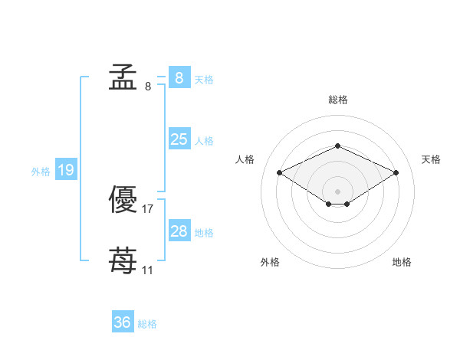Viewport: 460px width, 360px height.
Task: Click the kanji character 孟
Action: click(x=123, y=77)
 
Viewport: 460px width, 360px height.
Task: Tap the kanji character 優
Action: click(x=123, y=199)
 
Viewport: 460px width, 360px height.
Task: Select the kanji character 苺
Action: click(x=123, y=260)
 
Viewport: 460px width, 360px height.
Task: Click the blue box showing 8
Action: click(x=179, y=77)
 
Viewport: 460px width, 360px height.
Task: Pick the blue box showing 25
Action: click(x=179, y=139)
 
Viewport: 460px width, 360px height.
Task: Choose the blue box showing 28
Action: click(x=179, y=230)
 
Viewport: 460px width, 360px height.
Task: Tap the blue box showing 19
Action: click(x=66, y=169)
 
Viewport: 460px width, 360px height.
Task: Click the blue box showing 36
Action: click(x=123, y=321)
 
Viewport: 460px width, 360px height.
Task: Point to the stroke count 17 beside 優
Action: click(x=147, y=209)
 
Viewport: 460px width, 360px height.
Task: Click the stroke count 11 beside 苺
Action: click(x=147, y=270)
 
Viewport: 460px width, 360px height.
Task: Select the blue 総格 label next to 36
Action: click(x=147, y=324)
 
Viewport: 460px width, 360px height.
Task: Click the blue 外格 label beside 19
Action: click(x=41, y=172)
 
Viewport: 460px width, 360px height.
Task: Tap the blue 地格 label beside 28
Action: click(x=204, y=233)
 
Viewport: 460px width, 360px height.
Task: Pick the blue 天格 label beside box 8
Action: click(x=204, y=80)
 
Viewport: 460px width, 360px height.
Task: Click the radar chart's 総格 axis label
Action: click(x=338, y=100)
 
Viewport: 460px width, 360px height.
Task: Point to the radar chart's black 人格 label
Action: click(x=245, y=159)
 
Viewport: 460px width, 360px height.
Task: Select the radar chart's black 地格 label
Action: click(x=402, y=262)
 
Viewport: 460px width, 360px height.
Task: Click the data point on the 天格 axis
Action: click(x=396, y=172)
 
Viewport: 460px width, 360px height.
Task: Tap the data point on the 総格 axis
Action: click(x=338, y=146)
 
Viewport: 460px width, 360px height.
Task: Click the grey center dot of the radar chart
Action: click(x=337, y=191)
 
